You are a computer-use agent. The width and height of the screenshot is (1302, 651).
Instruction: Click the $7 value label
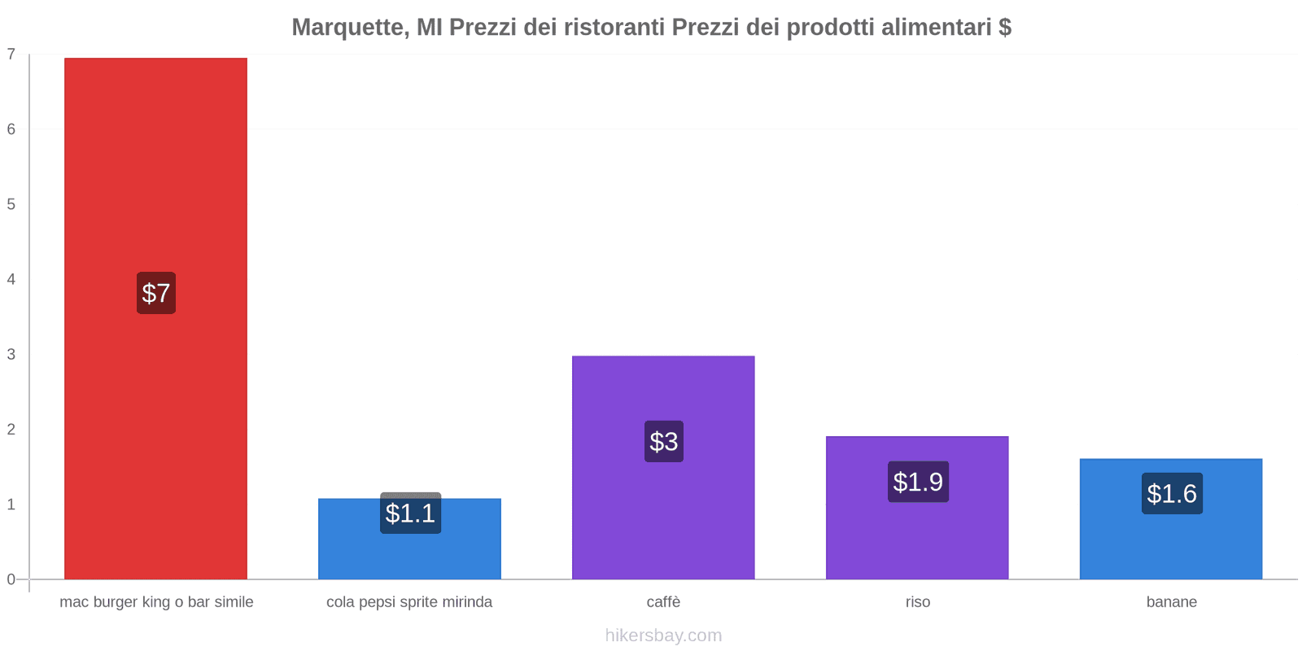[156, 293]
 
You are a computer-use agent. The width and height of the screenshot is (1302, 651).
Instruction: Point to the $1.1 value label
[410, 513]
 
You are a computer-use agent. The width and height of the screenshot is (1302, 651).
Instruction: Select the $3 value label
[664, 441]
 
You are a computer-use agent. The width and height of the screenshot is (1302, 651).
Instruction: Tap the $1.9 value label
[918, 482]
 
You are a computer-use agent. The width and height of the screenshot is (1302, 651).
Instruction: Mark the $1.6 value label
[1172, 493]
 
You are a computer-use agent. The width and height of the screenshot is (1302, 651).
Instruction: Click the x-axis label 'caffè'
[663, 602]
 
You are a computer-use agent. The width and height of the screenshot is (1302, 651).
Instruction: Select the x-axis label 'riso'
[917, 602]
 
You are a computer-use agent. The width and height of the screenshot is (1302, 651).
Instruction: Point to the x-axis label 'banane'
[1171, 602]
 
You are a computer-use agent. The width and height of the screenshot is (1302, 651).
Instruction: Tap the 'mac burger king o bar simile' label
[156, 602]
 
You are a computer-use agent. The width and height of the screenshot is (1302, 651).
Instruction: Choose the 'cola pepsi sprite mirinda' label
[409, 602]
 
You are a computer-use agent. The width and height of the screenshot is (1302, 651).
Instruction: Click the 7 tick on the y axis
[11, 55]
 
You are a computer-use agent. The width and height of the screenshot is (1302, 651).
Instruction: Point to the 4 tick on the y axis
[11, 279]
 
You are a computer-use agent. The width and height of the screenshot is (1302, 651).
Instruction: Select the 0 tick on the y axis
[11, 579]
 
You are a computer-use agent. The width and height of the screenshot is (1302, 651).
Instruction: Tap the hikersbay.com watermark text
[663, 636]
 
